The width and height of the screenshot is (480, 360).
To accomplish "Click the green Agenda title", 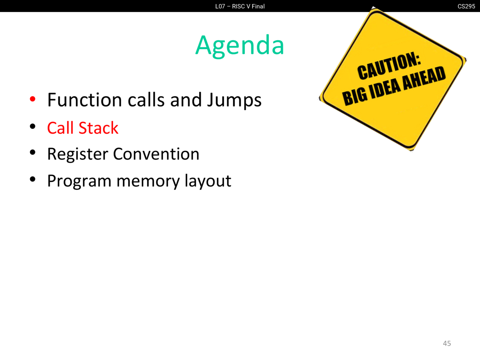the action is [x=240, y=46].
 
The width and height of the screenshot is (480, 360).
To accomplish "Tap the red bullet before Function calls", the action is [x=33, y=99].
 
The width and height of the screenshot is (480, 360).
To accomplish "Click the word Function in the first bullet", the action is [x=85, y=100].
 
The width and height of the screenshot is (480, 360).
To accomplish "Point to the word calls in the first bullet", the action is [x=146, y=100].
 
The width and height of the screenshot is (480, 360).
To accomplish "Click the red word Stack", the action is [x=98, y=128].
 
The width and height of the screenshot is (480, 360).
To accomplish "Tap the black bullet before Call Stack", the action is [x=33, y=126].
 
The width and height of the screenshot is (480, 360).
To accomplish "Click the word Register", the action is [x=78, y=155].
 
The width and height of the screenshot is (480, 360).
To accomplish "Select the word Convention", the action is [x=156, y=154].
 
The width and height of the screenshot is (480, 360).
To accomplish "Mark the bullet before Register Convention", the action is [x=33, y=153].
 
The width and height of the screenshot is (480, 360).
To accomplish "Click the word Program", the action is [x=79, y=181].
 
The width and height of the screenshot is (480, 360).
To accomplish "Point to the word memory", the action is [x=148, y=182].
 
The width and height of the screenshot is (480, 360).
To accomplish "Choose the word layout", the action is [x=208, y=181].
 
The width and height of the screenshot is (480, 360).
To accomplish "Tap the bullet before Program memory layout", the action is [x=33, y=180].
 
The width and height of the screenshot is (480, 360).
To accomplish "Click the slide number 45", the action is [x=447, y=343].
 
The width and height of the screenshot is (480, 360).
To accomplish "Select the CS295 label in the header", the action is [x=466, y=6].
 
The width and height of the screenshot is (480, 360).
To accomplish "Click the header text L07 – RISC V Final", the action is [x=240, y=6].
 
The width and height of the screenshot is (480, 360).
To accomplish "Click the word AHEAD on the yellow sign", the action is [x=424, y=78].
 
